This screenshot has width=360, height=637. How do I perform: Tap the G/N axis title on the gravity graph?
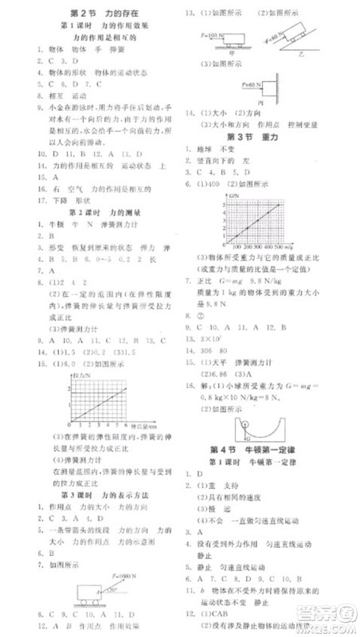pos(233,196)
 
